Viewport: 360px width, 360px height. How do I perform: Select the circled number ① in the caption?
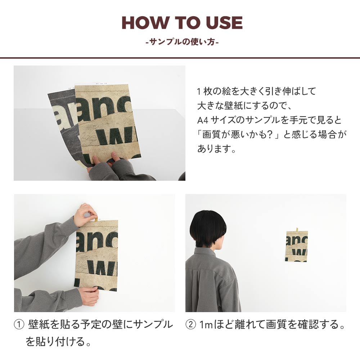(x=18, y=325)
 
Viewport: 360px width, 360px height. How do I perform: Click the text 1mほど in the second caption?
(x=214, y=325)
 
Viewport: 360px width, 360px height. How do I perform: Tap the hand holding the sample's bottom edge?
(x=89, y=295)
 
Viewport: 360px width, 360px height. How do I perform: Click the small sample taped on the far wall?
(x=297, y=247)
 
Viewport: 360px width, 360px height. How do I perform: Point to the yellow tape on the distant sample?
(x=297, y=230)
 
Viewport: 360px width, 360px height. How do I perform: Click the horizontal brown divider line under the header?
(x=180, y=57)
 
